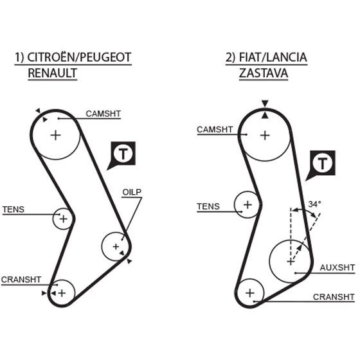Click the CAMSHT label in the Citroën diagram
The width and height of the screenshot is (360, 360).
[x=103, y=114]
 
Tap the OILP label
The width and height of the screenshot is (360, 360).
[x=132, y=192]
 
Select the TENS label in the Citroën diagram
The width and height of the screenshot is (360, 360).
[x=14, y=210]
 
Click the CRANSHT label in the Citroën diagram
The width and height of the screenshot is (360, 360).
[x=21, y=280]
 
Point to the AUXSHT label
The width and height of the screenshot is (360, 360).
[x=337, y=267]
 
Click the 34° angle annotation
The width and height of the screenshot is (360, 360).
[x=314, y=204]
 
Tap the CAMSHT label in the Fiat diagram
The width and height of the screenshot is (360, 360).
[x=215, y=129]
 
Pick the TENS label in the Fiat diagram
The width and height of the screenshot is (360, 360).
[x=208, y=206]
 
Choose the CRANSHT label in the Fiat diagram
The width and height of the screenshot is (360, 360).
[x=334, y=297]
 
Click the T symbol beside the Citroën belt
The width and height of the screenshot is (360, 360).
[x=123, y=154]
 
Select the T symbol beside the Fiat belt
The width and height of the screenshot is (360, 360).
[x=323, y=163]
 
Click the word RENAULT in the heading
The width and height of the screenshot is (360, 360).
[x=52, y=73]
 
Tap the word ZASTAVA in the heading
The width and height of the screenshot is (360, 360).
[x=264, y=73]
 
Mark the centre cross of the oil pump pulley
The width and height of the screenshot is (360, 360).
[x=116, y=247]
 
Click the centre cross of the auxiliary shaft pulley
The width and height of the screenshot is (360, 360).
[x=291, y=262]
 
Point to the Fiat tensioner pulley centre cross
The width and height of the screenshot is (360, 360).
[x=248, y=204]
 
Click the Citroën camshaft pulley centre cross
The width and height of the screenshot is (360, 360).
[x=55, y=135]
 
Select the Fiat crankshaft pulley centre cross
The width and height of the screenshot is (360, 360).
[x=250, y=293]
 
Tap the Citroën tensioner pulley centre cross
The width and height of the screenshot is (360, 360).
[x=64, y=219]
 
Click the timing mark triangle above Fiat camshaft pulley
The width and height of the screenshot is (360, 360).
[x=265, y=104]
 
